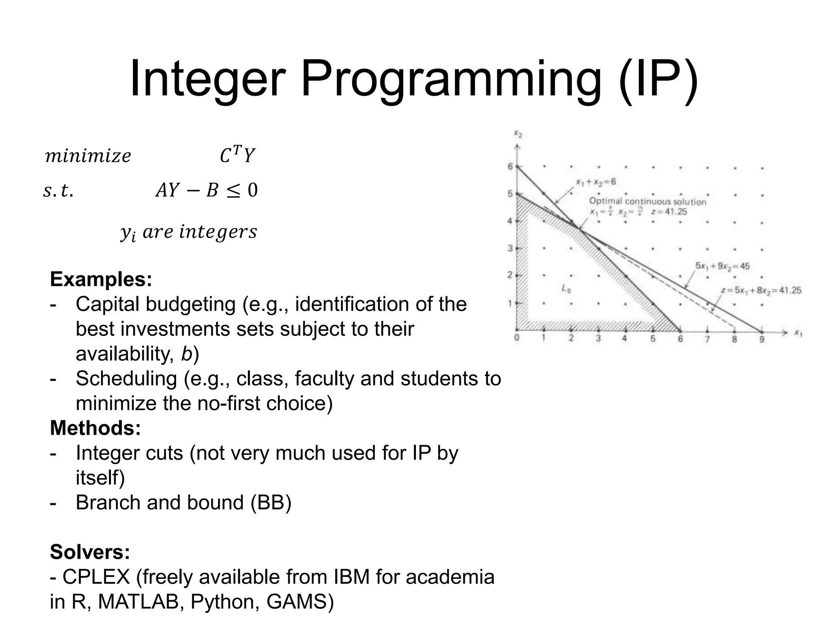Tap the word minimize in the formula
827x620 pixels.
88,156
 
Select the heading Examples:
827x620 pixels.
101,279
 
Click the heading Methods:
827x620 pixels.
95,428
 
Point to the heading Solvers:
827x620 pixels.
90,552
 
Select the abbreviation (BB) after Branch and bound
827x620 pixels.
271,503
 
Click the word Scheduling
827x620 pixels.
126,379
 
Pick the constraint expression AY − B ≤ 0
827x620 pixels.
206,190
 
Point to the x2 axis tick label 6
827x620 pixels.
510,166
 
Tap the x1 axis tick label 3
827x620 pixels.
598,339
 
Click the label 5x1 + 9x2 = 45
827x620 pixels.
722,266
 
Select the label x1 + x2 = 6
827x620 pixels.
596,182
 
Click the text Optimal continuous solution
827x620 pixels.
647,201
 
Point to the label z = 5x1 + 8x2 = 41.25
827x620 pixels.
761,290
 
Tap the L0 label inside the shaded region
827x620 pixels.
566,289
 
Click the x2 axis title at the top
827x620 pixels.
518,134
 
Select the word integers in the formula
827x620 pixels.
218,232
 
